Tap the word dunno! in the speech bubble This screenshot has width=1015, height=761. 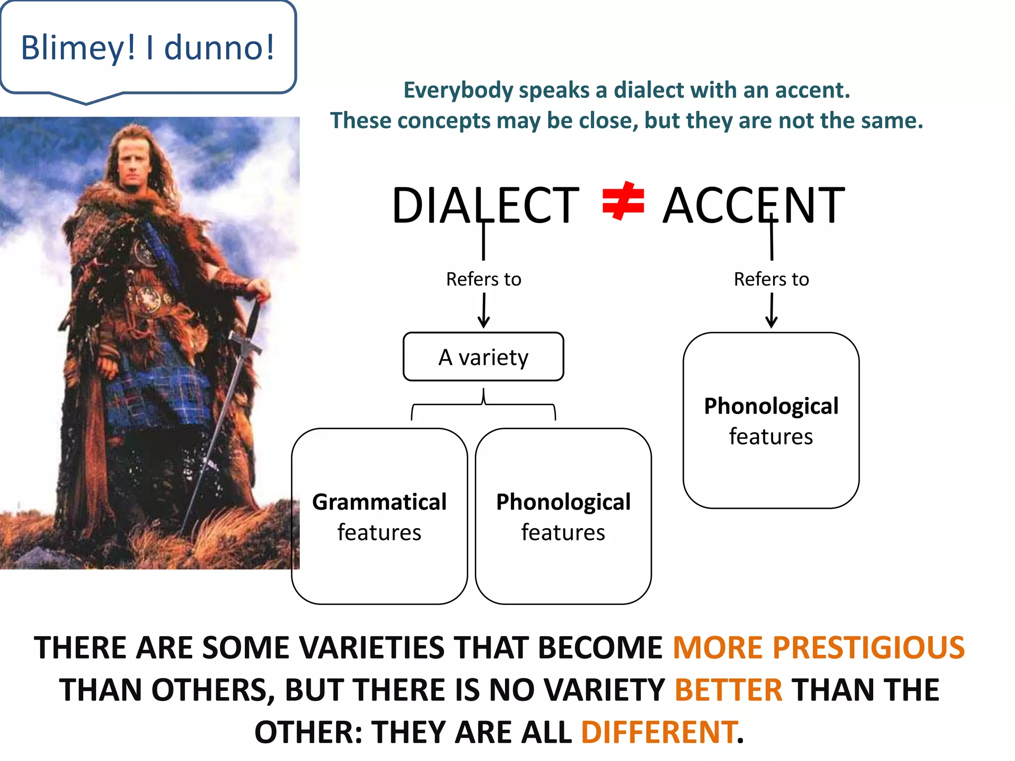tap(219, 48)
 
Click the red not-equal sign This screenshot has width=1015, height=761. tap(622, 201)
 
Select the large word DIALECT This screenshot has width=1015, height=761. tap(485, 205)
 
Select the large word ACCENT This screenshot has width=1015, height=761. tap(753, 205)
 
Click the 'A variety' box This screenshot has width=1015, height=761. tap(483, 357)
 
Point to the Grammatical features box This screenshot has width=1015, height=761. tap(379, 516)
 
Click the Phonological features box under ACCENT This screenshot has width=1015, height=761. tap(771, 420)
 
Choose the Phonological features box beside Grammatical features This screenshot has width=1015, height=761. tap(563, 516)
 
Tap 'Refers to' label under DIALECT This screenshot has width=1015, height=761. tap(483, 279)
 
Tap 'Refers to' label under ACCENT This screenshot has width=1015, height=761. tap(771, 279)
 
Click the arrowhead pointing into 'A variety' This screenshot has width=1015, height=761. tap(484, 323)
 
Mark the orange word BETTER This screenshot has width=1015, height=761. tap(728, 690)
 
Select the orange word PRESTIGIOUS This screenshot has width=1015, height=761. tap(868, 648)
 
